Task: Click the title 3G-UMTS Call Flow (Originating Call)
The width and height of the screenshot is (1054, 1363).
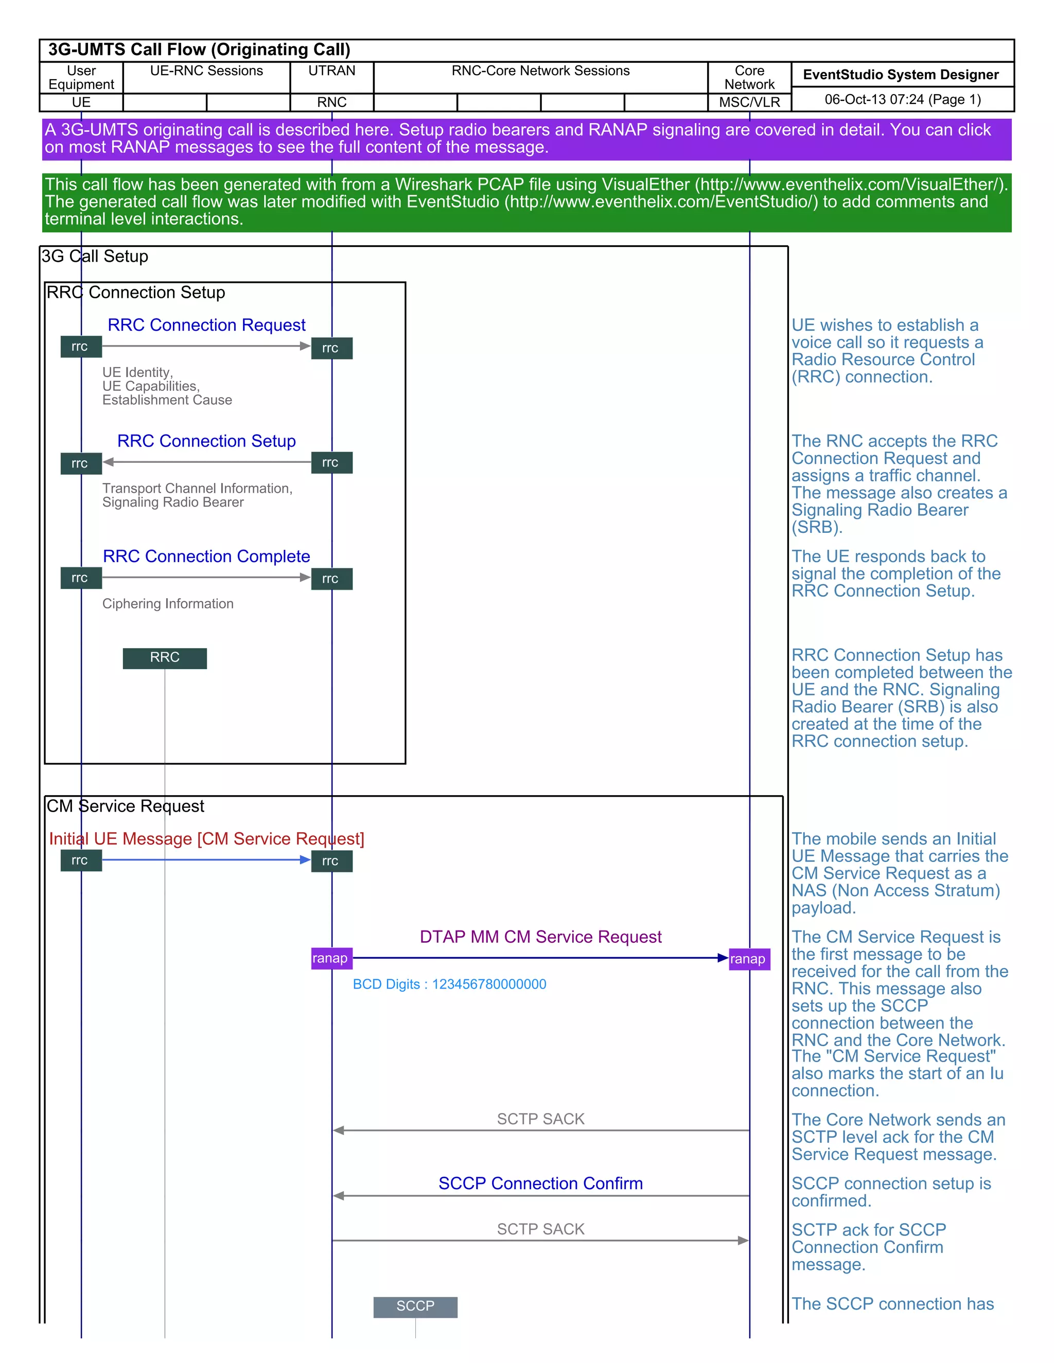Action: point(199,50)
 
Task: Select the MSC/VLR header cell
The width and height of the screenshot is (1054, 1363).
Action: point(749,102)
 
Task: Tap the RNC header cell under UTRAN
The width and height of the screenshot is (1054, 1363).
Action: point(331,102)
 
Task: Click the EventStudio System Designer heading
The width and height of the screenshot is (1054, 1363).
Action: point(901,75)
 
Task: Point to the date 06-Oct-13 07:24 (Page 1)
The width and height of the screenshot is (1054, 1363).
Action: point(902,100)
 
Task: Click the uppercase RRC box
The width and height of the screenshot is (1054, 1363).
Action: point(165,658)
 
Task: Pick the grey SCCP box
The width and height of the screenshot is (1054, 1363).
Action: point(415,1306)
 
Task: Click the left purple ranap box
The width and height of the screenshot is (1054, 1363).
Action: point(330,959)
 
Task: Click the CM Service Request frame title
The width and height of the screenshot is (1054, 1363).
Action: point(126,806)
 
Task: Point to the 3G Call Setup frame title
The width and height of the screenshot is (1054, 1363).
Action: point(95,257)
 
